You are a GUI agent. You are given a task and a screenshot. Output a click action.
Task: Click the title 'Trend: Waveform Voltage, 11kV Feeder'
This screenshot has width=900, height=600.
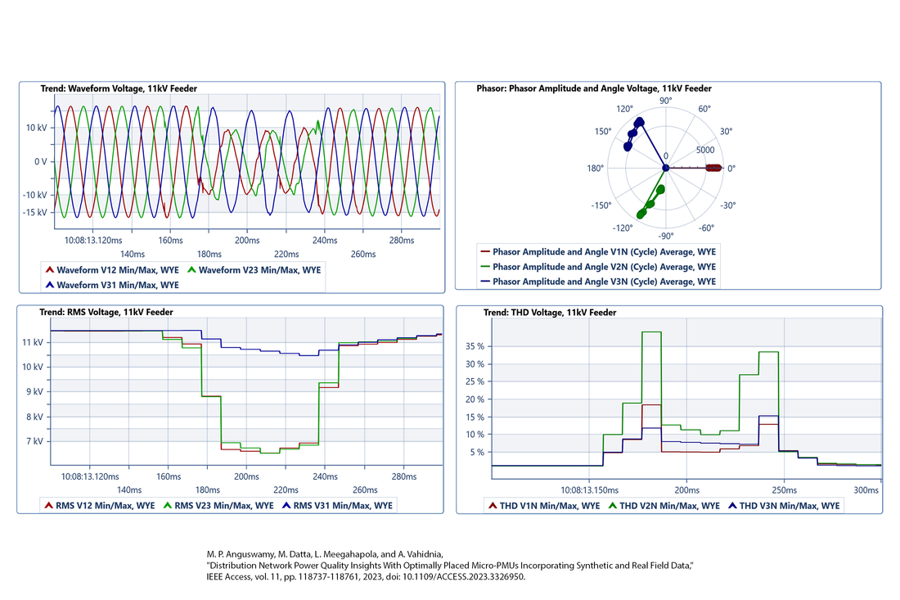click(119, 88)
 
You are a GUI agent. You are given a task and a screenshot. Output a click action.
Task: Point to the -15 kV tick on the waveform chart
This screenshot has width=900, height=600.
click(35, 213)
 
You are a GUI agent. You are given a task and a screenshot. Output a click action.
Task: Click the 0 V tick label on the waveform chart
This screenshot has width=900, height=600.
click(38, 161)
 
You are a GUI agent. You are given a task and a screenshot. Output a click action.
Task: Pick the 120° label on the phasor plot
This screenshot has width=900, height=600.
click(625, 109)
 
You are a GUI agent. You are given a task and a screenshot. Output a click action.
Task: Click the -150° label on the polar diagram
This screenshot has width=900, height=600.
click(603, 206)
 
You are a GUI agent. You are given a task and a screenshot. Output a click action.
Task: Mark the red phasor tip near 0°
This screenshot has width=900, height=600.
click(714, 169)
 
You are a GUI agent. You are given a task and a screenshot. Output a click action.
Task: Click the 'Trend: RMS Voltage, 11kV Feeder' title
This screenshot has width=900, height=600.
click(106, 312)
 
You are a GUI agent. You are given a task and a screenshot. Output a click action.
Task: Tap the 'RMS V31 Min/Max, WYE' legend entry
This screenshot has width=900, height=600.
click(343, 506)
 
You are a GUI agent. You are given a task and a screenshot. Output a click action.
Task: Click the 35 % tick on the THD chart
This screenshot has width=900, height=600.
click(474, 346)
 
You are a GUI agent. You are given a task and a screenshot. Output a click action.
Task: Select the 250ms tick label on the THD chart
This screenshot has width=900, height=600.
click(784, 489)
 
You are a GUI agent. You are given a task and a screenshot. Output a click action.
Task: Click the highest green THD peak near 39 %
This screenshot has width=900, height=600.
click(651, 332)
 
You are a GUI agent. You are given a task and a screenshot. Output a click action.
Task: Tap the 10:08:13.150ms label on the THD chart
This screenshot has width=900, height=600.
click(589, 489)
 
